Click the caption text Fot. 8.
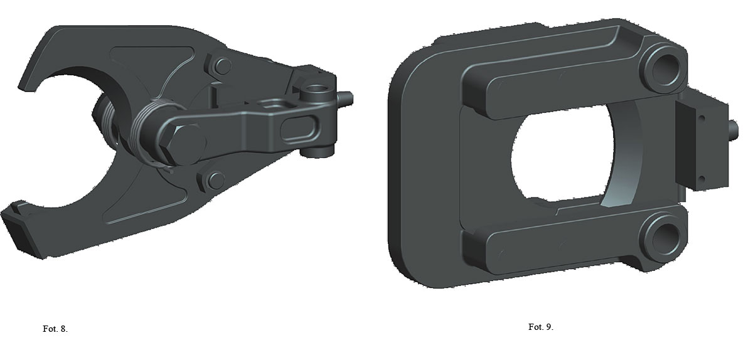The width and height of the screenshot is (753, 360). pos(55,329)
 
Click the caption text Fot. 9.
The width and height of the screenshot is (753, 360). pos(541,327)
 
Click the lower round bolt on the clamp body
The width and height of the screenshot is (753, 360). pos(216,181)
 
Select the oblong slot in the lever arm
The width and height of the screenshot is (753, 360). pos(299,129)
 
